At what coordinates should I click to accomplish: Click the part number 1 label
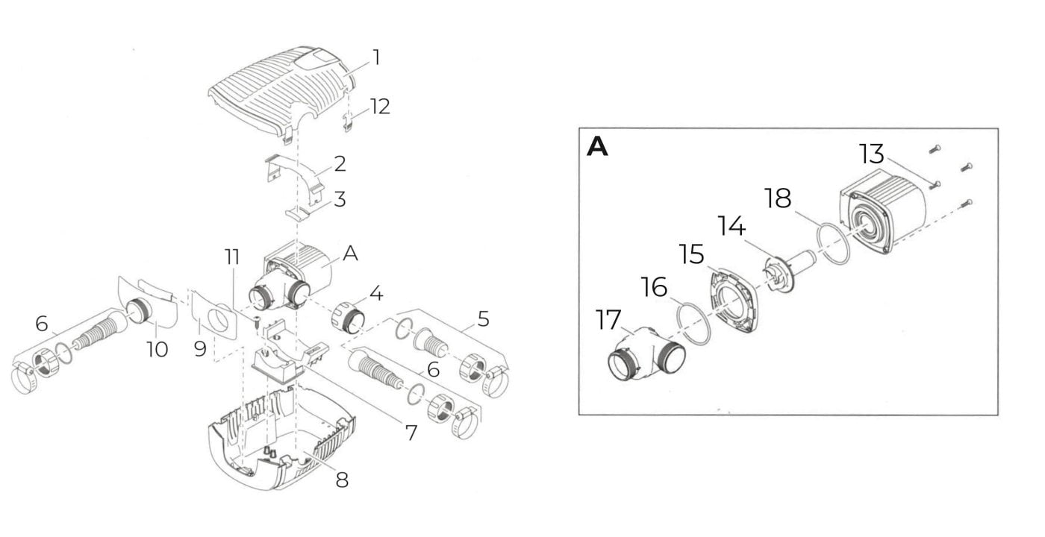coord(376,58)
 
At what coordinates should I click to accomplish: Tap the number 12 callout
coord(380,107)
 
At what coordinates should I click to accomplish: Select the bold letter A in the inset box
coord(597,147)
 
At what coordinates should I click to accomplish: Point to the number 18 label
coord(778,198)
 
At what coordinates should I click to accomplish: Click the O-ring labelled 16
coord(693,324)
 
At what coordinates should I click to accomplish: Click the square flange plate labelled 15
coord(734,301)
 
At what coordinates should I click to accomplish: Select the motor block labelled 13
coord(882,212)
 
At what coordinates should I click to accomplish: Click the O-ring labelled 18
coord(834,243)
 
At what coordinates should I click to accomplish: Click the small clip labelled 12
coord(348,122)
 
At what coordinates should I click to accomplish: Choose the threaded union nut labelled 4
coord(348,318)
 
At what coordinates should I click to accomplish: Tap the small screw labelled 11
coord(257,321)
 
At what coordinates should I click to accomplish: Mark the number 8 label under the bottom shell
coord(342,480)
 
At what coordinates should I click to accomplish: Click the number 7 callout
coord(411,433)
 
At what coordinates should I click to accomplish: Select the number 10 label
coord(157,349)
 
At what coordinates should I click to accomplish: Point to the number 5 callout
coord(484,319)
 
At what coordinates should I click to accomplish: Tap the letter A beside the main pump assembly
coord(350,254)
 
